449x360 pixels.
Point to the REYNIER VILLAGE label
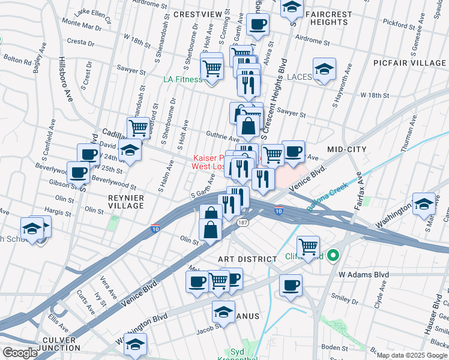tap(125, 201)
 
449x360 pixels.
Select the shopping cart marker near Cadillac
tap(139, 128)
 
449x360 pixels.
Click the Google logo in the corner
tap(20, 353)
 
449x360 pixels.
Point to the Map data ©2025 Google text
tap(412, 355)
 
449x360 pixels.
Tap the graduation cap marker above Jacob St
tap(223, 312)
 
